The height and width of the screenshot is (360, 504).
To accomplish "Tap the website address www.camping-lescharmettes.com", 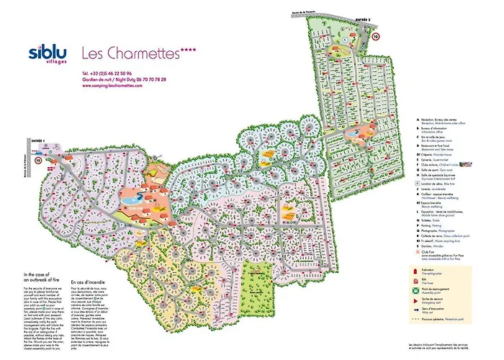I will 112,85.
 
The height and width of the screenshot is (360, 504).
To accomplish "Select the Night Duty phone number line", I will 124,79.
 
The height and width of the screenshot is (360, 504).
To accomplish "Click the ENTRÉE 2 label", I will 366,22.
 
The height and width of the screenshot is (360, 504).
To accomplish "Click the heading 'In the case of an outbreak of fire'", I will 44,278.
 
